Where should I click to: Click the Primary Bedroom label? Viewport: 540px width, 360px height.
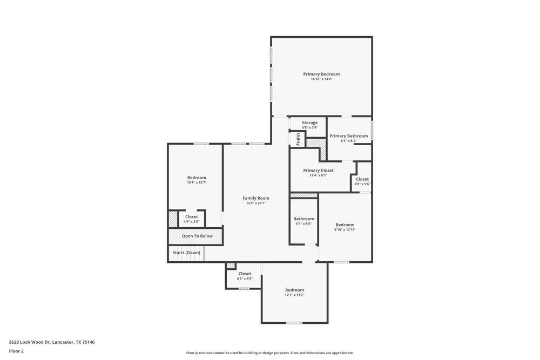pos(321,74)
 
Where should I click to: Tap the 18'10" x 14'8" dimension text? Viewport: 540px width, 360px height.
pos(321,79)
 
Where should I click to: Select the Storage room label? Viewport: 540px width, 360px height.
pos(309,123)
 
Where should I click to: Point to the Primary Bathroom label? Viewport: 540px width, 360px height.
pos(348,136)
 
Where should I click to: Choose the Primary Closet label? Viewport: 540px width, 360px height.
pos(318,170)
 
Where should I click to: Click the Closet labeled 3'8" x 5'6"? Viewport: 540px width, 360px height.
pos(362,179)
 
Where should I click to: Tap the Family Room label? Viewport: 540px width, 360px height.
pos(255,198)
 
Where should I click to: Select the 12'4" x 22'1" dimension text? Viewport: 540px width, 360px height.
pos(255,203)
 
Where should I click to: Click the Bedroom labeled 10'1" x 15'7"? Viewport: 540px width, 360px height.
pos(197,178)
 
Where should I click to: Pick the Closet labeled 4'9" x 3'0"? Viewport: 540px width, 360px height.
pos(191,217)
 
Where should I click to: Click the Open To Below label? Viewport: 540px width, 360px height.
pos(197,236)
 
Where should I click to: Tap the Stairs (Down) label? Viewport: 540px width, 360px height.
pos(186,253)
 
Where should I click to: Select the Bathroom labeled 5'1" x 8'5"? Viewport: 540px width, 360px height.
pos(303,219)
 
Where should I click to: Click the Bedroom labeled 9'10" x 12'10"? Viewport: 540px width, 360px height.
pos(345,225)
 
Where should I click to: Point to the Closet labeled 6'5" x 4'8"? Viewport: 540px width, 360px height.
pos(245,274)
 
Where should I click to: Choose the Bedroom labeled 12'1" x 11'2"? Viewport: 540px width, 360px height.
pos(294,290)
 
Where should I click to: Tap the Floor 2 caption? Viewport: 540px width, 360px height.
pos(16,351)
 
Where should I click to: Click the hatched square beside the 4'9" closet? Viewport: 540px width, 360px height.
pos(173,218)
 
